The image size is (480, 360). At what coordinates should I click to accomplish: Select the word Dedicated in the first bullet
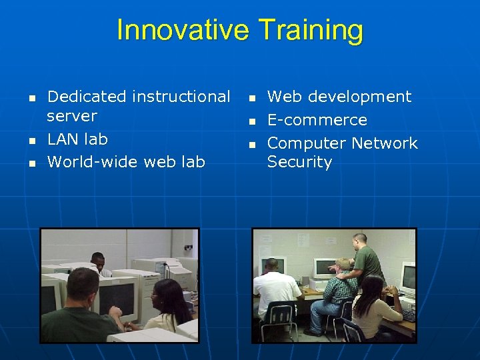click(x=87, y=97)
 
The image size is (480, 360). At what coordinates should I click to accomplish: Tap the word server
click(x=72, y=116)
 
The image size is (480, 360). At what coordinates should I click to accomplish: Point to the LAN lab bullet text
click(x=77, y=139)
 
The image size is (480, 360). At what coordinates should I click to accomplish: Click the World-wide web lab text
click(x=126, y=161)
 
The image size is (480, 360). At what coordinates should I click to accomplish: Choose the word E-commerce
click(x=317, y=120)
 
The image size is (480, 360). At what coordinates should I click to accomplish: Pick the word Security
click(x=299, y=162)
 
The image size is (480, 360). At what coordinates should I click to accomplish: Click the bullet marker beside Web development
click(x=252, y=98)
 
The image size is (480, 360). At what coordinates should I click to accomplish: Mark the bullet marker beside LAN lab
click(x=32, y=141)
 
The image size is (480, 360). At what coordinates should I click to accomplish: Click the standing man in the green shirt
click(x=365, y=257)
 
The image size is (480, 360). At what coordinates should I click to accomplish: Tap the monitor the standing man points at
click(x=325, y=268)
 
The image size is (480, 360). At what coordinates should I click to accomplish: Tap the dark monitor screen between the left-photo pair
click(x=117, y=297)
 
